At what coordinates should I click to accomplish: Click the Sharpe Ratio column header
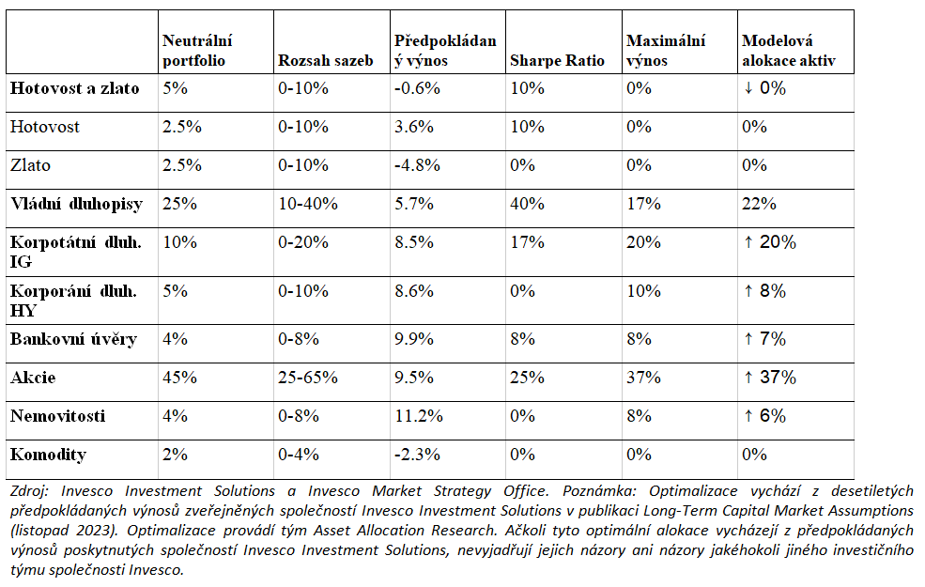pyautogui.click(x=557, y=61)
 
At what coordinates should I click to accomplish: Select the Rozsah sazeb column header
pyautogui.click(x=326, y=61)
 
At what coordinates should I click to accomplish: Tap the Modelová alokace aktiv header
pyautogui.click(x=789, y=51)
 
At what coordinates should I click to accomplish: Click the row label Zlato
pyautogui.click(x=30, y=165)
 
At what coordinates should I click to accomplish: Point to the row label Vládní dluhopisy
pyautogui.click(x=77, y=204)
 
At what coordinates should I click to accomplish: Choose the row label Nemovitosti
pyautogui.click(x=58, y=416)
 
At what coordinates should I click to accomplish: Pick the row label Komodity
pyautogui.click(x=49, y=455)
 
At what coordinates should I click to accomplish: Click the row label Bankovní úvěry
pyautogui.click(x=74, y=339)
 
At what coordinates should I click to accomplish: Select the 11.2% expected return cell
pyautogui.click(x=419, y=416)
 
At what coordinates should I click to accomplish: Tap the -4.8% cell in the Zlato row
pyautogui.click(x=417, y=165)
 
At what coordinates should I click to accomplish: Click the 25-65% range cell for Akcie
pyautogui.click(x=308, y=378)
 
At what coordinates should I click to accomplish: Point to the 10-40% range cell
pyautogui.click(x=308, y=204)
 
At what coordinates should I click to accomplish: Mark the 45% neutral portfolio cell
pyautogui.click(x=179, y=378)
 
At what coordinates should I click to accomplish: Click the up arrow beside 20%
pyautogui.click(x=748, y=242)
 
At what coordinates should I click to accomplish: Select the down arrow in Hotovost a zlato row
pyautogui.click(x=748, y=88)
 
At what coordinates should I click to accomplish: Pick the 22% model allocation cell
pyautogui.click(x=759, y=204)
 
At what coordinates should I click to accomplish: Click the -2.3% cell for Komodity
pyautogui.click(x=417, y=455)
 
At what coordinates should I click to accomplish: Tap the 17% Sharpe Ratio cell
pyautogui.click(x=527, y=242)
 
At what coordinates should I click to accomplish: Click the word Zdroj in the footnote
pyautogui.click(x=29, y=491)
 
